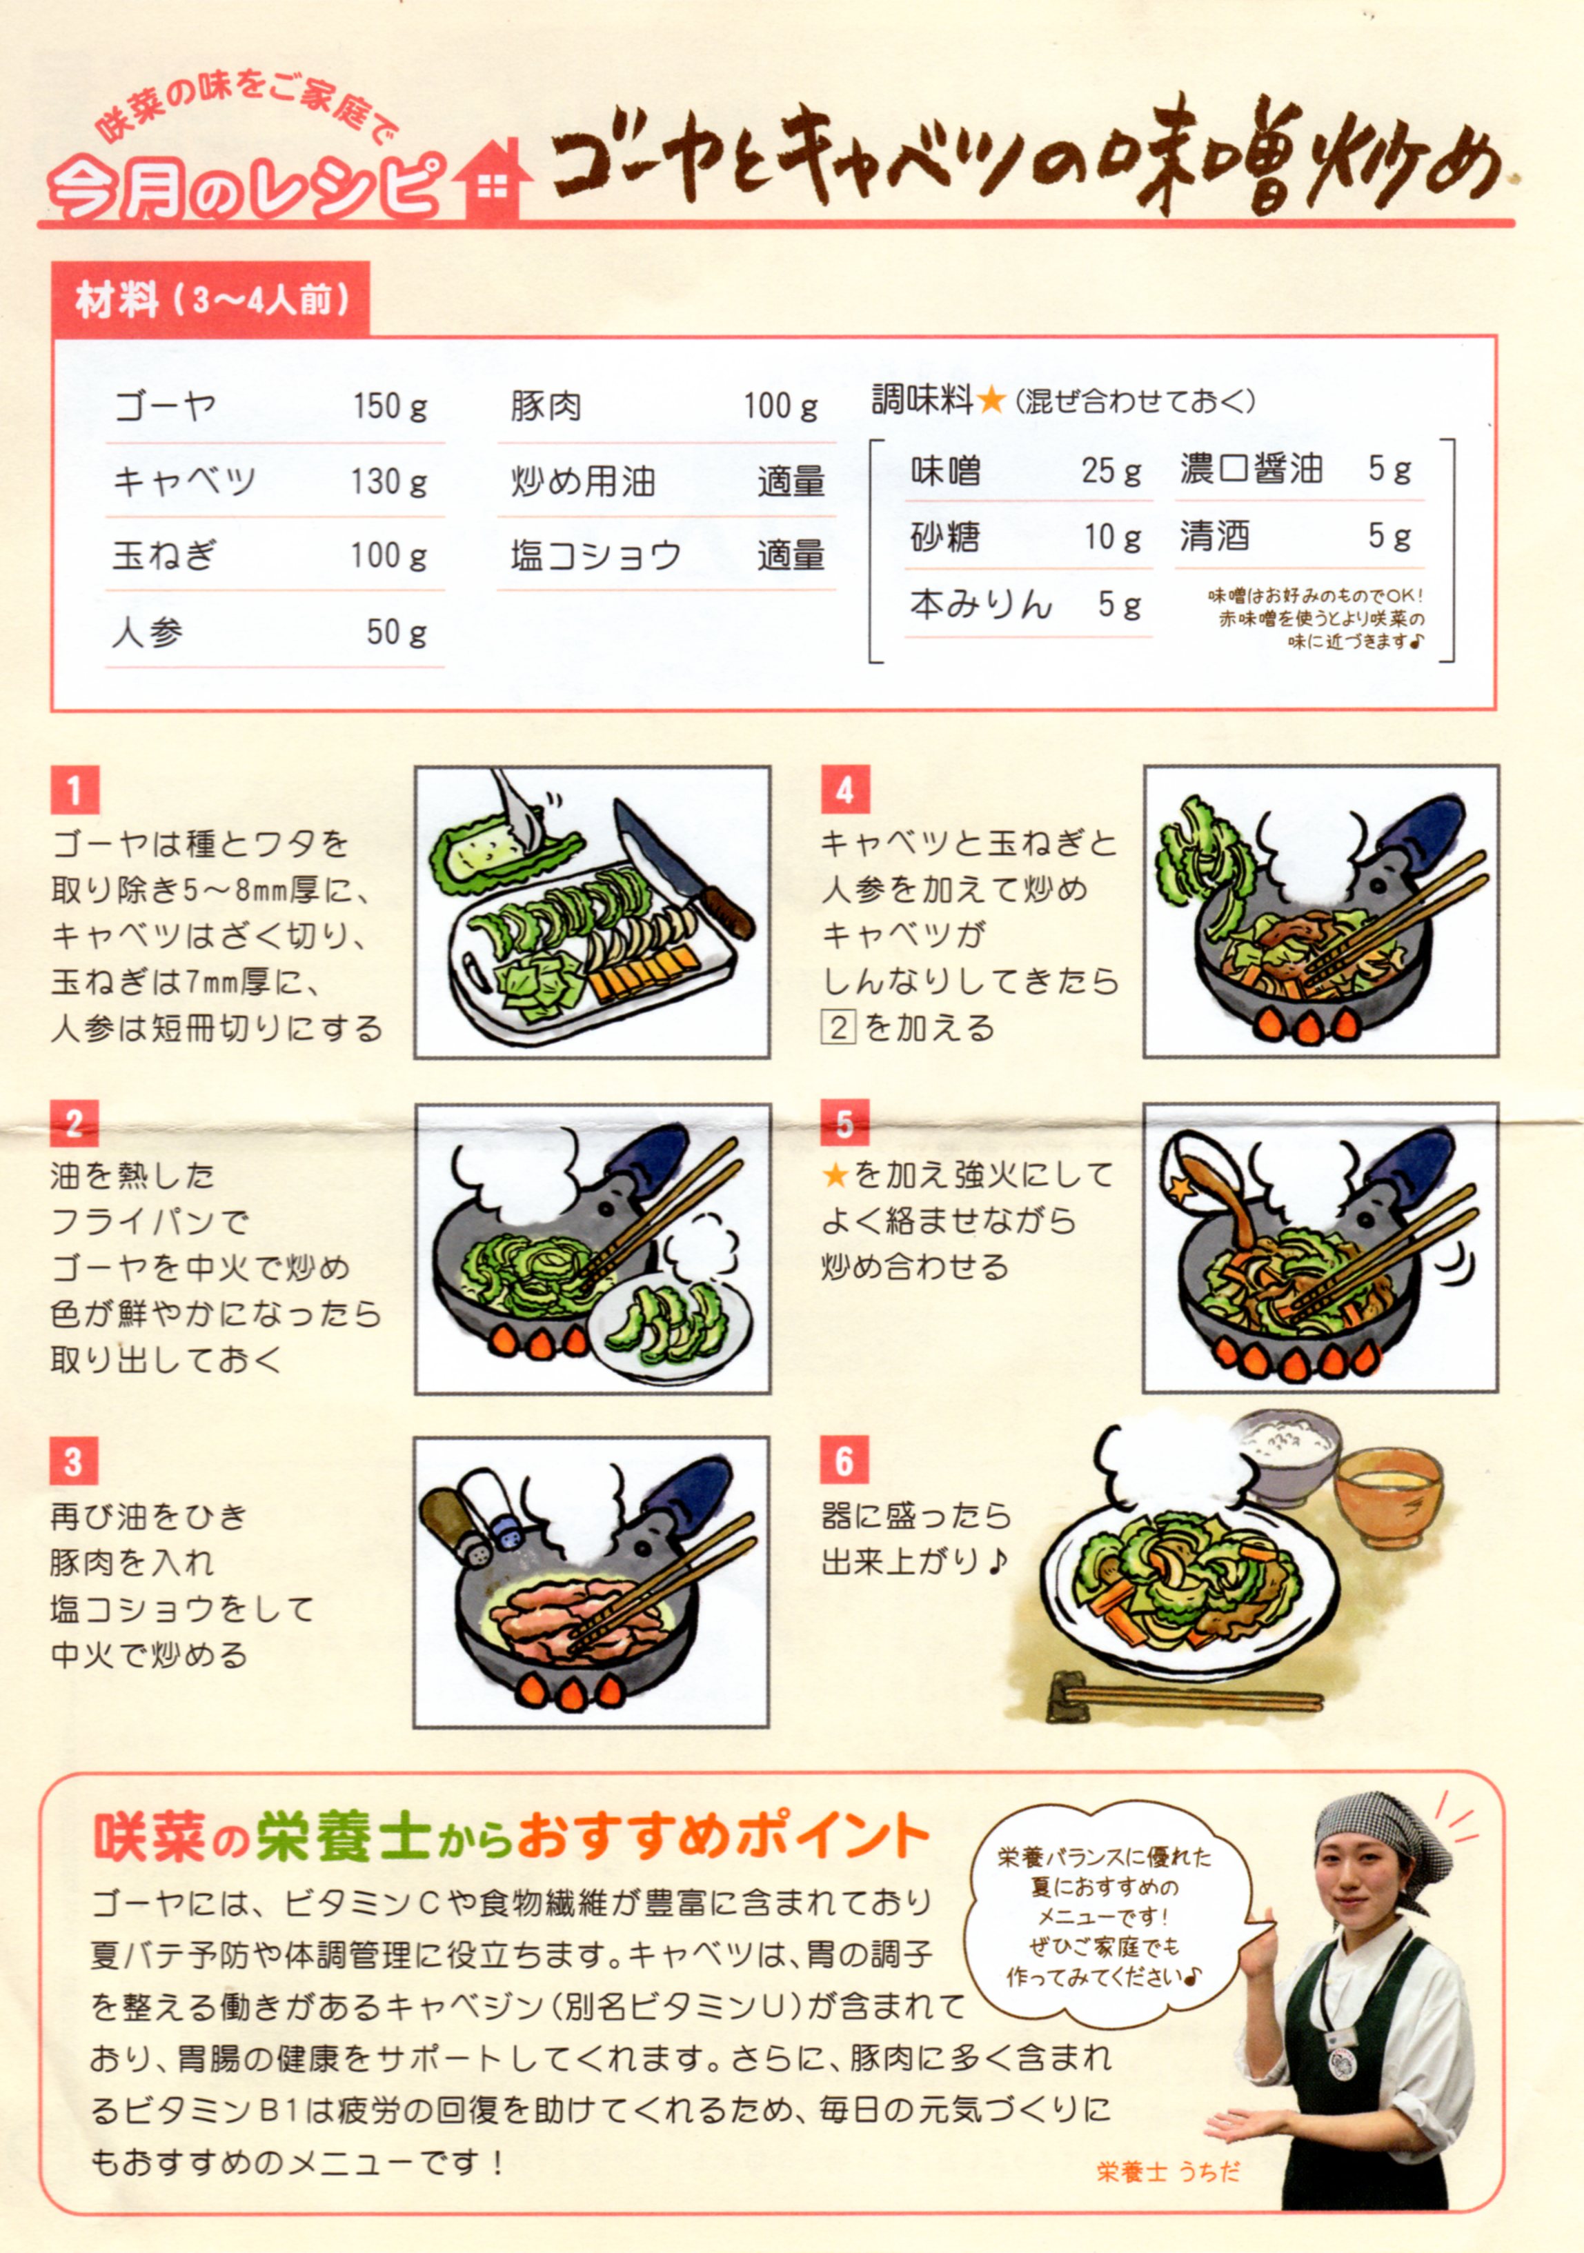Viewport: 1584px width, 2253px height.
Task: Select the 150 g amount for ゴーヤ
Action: pos(390,405)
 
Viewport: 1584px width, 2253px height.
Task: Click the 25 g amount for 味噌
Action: pos(1112,471)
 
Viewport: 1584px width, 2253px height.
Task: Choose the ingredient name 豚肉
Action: pos(546,405)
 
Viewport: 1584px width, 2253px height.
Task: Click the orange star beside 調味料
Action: pos(991,399)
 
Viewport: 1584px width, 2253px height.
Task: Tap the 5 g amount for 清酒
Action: pos(1389,536)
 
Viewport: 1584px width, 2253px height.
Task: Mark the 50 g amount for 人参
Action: pos(397,631)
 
